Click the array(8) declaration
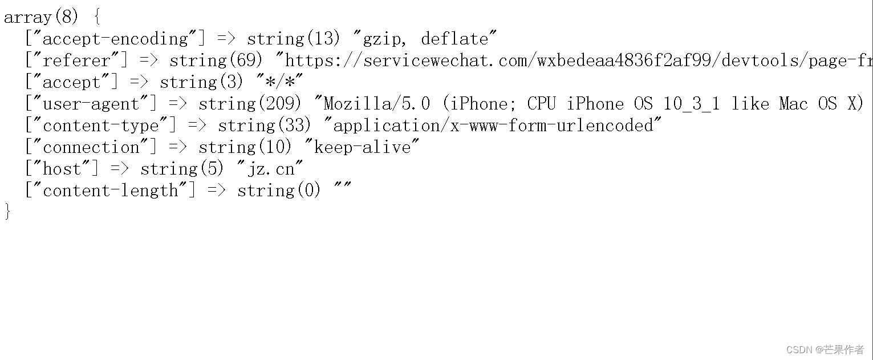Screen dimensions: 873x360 coord(41,17)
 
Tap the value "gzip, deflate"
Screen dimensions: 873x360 coord(425,39)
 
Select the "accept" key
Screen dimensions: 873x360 coord(71,82)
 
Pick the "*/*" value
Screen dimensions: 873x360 coord(279,82)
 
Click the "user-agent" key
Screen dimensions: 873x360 coord(91,104)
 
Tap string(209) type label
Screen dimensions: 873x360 coord(250,104)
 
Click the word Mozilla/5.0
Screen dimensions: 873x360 coord(377,104)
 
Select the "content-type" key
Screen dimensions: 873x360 coord(100,126)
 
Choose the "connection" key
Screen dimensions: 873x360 coord(91,147)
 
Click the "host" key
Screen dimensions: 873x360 coord(62,169)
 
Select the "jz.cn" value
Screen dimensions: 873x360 coord(270,169)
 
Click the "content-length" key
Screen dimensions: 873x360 coord(110,191)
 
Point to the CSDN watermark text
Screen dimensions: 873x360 coord(825,349)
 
